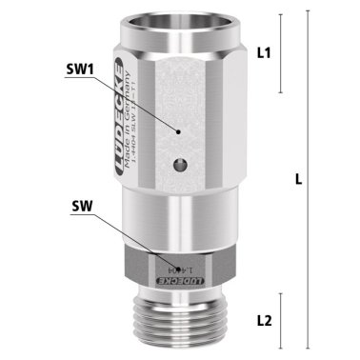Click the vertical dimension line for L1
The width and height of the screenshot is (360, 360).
279,54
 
